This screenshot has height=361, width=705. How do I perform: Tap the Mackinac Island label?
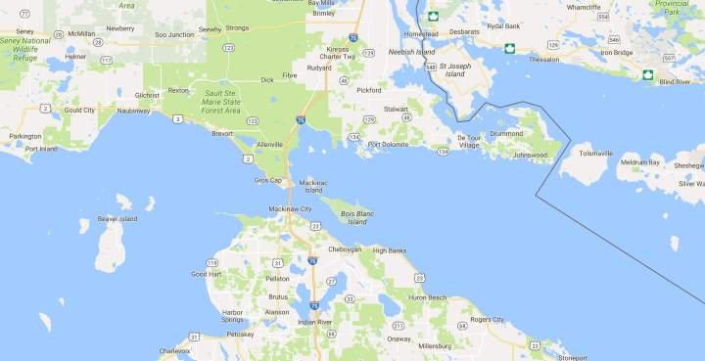point(312,185)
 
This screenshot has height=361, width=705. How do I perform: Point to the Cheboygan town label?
point(345,249)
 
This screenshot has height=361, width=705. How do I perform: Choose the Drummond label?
point(507,133)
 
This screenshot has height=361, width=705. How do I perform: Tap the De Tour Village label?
point(471,141)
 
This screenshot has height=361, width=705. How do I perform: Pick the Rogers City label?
point(486,319)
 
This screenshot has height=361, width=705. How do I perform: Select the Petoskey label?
point(240,335)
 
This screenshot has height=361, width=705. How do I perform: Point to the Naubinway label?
point(134,112)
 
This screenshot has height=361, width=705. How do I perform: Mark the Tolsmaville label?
point(595,153)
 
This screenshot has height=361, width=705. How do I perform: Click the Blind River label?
point(676,82)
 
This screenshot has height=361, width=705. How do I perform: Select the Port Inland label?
point(41,149)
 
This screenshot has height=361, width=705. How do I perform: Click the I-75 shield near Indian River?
point(313,306)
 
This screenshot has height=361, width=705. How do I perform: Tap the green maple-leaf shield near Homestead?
point(432,16)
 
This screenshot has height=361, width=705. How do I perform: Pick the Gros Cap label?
point(268,180)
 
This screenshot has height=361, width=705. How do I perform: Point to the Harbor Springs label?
point(232,315)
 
